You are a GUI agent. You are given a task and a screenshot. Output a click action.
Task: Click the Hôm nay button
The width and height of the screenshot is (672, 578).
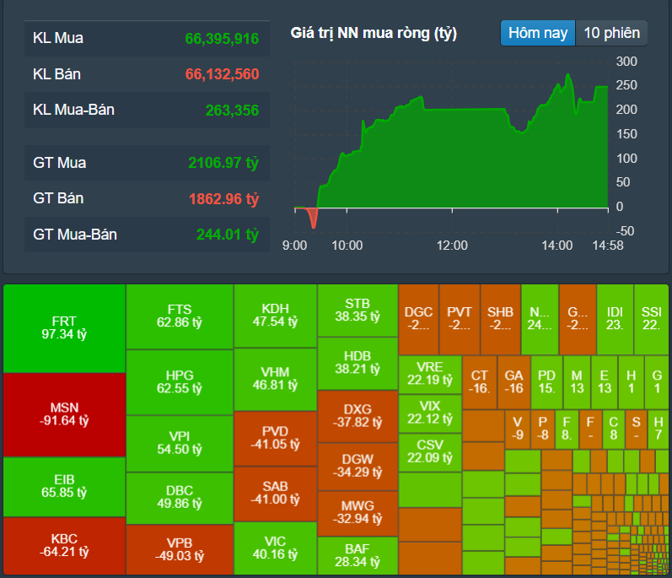[538, 33]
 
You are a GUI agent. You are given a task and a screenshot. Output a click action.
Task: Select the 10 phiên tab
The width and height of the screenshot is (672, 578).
[611, 33]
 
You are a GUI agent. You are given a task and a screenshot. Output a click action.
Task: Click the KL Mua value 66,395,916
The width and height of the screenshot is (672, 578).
[222, 39]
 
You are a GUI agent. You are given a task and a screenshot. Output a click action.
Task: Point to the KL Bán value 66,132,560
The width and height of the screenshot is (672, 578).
[222, 74]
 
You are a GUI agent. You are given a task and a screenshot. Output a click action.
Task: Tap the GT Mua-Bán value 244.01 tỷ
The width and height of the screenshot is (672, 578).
[227, 235]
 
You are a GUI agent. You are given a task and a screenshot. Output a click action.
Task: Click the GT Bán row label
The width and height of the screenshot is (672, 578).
[58, 198]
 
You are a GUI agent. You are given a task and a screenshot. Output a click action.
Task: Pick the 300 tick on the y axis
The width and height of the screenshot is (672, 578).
[626, 62]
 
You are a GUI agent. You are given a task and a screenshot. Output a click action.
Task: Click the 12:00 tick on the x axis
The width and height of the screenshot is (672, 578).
[451, 246]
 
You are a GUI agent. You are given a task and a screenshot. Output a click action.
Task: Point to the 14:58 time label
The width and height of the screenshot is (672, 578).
[607, 246]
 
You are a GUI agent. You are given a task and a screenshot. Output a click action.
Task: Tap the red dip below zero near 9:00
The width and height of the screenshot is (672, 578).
[314, 217]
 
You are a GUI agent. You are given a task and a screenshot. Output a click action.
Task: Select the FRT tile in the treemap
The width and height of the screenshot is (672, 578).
[64, 327]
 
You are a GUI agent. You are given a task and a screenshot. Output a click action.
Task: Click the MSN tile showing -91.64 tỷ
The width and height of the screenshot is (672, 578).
[64, 413]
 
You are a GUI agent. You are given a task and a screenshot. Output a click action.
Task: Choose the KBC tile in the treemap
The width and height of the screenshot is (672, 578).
[64, 545]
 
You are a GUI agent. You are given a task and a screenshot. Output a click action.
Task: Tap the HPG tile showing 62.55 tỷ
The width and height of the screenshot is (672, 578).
[179, 382]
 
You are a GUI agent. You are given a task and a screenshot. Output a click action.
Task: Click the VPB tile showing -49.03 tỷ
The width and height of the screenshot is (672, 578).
[179, 549]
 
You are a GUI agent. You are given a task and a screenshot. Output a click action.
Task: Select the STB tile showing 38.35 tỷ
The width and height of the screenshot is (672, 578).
[358, 310]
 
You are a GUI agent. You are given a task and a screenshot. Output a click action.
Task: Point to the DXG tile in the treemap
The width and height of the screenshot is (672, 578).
[358, 415]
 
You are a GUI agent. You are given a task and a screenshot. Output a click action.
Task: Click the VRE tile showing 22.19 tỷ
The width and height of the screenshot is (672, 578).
[430, 373]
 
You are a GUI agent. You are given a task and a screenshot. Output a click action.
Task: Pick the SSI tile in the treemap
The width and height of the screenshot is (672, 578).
[651, 318]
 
